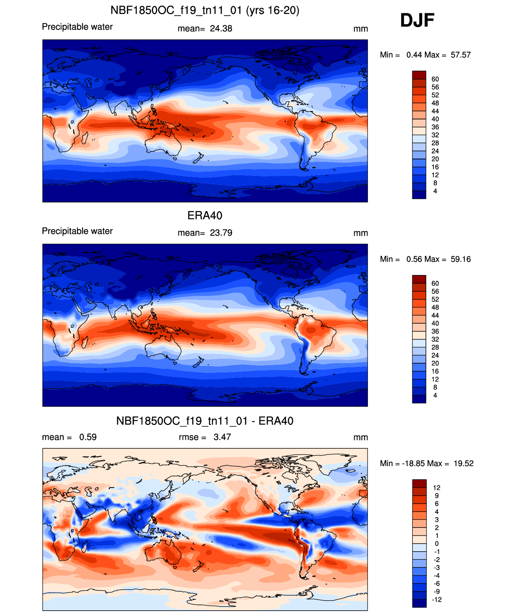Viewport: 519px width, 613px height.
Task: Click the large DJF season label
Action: pyautogui.click(x=417, y=20)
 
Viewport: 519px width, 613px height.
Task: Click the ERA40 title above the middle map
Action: pyautogui.click(x=205, y=215)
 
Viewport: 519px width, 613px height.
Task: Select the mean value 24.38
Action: pyautogui.click(x=221, y=29)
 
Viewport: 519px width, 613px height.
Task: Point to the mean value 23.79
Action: pyautogui.click(x=221, y=233)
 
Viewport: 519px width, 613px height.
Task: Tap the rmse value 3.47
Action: pyautogui.click(x=222, y=437)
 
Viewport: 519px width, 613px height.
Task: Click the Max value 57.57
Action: pyautogui.click(x=460, y=55)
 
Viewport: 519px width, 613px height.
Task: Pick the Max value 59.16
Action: pyautogui.click(x=460, y=259)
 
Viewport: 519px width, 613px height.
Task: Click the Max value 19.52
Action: pyautogui.click(x=464, y=464)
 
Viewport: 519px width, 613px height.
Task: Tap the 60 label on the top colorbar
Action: pyautogui.click(x=435, y=79)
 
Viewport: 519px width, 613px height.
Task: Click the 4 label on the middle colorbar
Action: pyautogui.click(x=435, y=395)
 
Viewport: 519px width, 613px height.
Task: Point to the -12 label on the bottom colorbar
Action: pyautogui.click(x=437, y=600)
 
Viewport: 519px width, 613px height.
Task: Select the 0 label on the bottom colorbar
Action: pyautogui.click(x=437, y=544)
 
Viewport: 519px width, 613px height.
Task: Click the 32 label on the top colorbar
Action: pyautogui.click(x=435, y=135)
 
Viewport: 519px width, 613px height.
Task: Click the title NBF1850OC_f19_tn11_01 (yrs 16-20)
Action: pyautogui.click(x=205, y=10)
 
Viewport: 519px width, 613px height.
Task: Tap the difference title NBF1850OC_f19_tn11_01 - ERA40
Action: pyautogui.click(x=205, y=421)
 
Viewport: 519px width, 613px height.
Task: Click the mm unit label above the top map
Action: pyautogui.click(x=361, y=29)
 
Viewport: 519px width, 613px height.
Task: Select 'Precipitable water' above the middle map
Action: pyautogui.click(x=77, y=231)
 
